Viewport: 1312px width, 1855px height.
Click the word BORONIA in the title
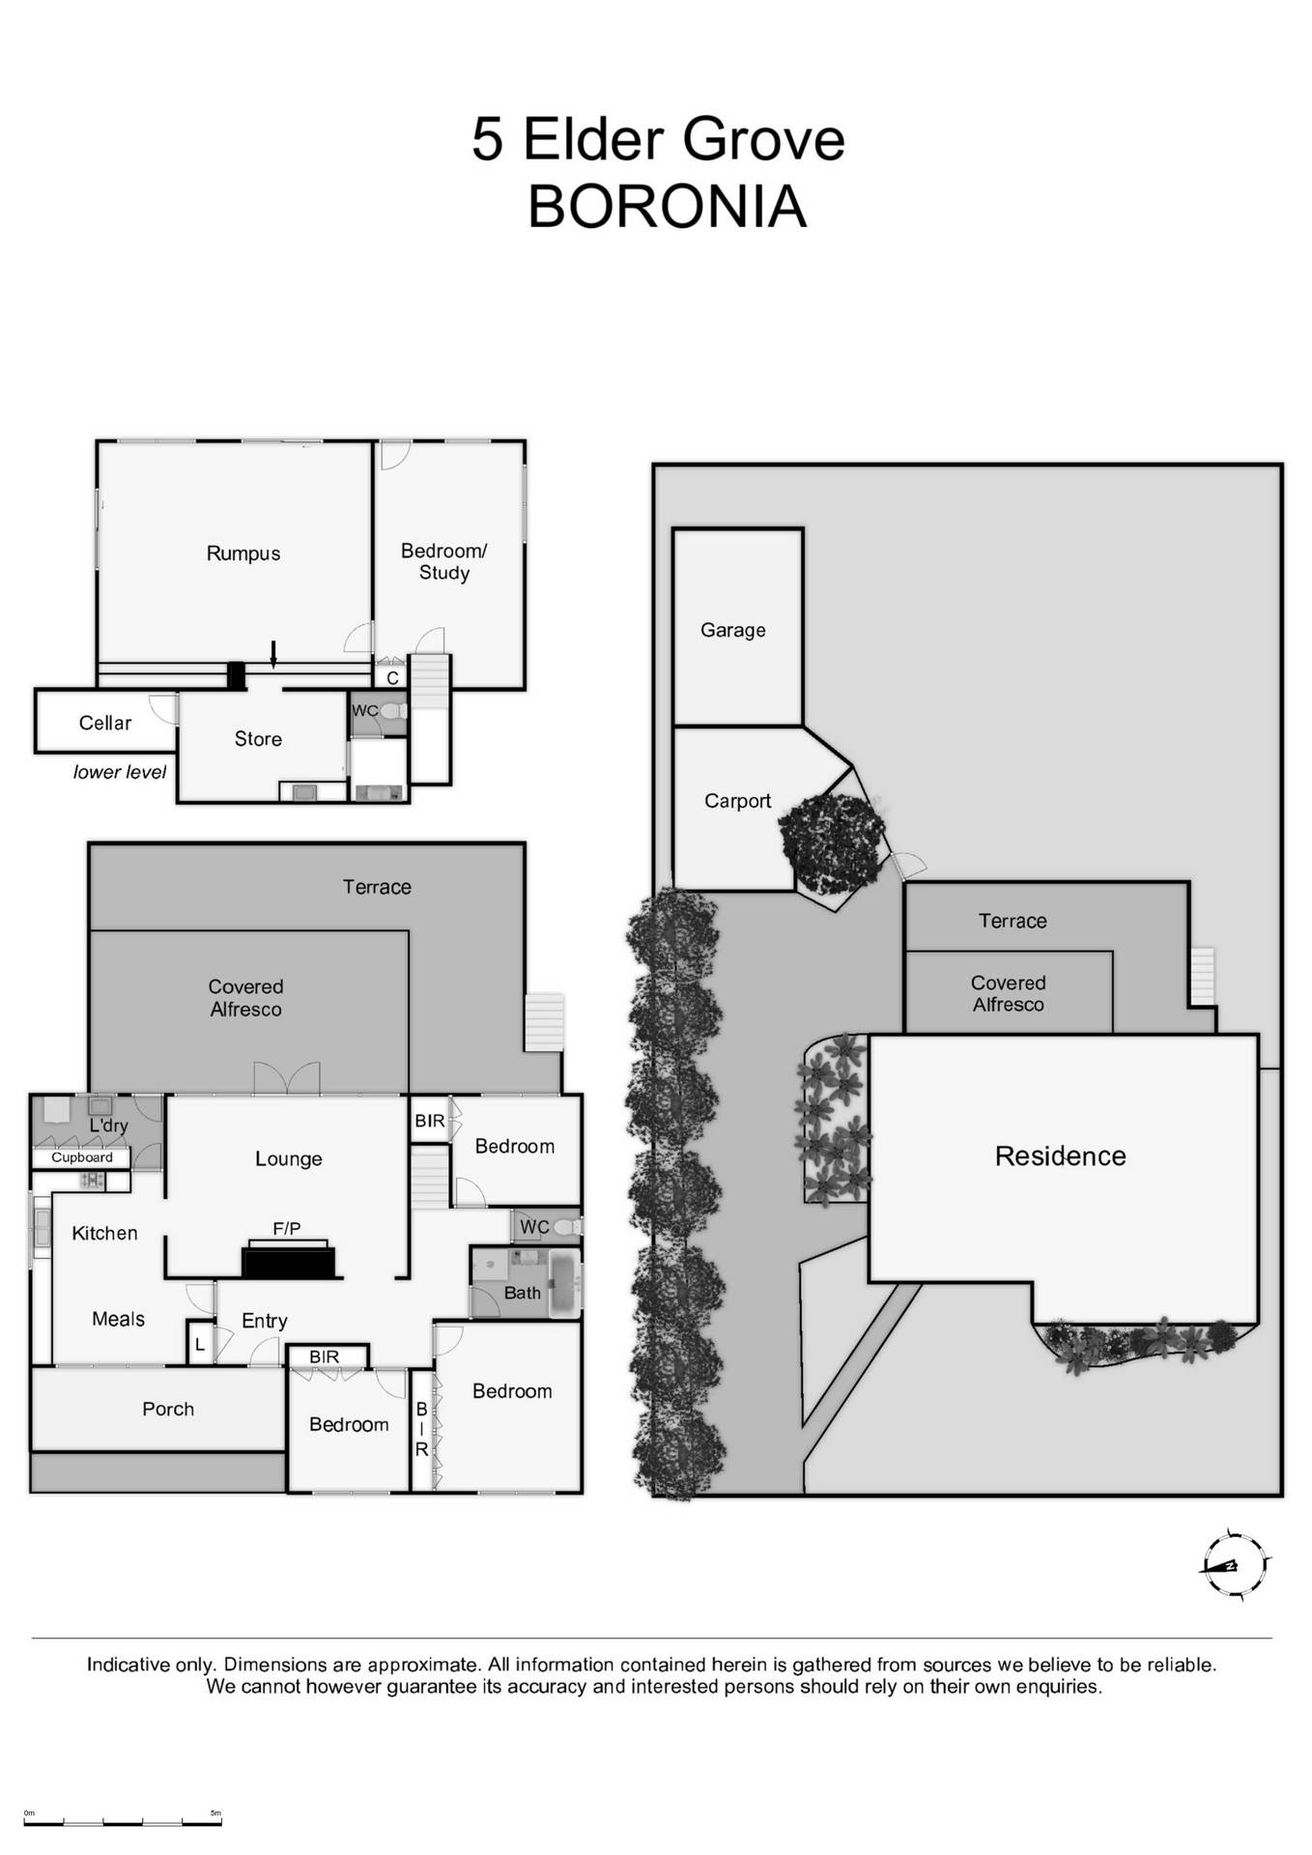click(x=667, y=207)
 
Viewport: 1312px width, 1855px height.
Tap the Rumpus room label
click(x=243, y=554)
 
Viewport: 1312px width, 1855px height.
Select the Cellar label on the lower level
click(x=104, y=723)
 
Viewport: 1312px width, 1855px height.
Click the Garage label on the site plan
click(x=732, y=630)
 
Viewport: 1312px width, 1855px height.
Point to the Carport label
click(x=737, y=801)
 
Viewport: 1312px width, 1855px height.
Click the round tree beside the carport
click(x=832, y=843)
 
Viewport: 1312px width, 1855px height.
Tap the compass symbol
click(x=1234, y=1565)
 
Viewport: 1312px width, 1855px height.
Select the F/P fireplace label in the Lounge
click(x=287, y=1229)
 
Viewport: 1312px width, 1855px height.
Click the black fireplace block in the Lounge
click(x=288, y=1263)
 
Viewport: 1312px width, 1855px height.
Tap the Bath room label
click(x=522, y=1293)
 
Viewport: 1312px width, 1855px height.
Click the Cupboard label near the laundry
click(x=82, y=1157)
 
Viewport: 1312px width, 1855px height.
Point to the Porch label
click(x=168, y=1409)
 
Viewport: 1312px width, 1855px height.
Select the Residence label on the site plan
click(x=1060, y=1156)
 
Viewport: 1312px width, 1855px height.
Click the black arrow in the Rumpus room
click(x=273, y=654)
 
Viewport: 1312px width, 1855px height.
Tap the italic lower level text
click(x=120, y=772)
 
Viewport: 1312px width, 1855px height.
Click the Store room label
click(x=258, y=739)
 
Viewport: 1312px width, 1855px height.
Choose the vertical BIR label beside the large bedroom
click(x=421, y=1430)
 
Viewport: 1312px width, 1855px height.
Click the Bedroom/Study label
click(x=443, y=561)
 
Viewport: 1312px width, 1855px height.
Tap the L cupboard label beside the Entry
click(x=200, y=1345)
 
